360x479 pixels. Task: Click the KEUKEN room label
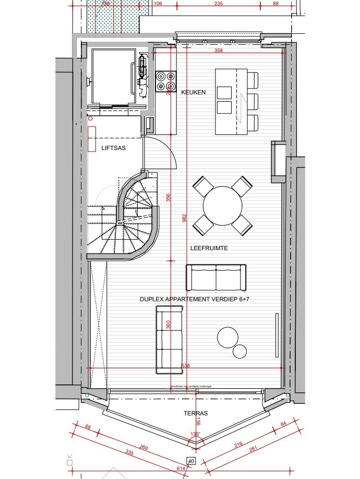pyautogui.click(x=193, y=92)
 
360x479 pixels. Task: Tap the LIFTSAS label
pyautogui.click(x=113, y=148)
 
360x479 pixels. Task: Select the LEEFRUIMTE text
pyautogui.click(x=209, y=249)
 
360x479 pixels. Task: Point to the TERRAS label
pyautogui.click(x=195, y=413)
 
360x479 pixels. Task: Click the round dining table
pyautogui.click(x=222, y=205)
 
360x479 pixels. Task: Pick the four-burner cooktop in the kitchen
pyautogui.click(x=165, y=81)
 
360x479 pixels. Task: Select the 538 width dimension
pyautogui.click(x=186, y=366)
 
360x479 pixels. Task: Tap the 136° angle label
pyautogui.click(x=196, y=434)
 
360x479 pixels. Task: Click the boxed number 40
pyautogui.click(x=191, y=461)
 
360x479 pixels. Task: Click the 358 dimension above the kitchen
pyautogui.click(x=219, y=51)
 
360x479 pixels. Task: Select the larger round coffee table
pyautogui.click(x=228, y=337)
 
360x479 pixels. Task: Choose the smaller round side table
pyautogui.click(x=240, y=352)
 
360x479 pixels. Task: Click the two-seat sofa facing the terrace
pyautogui.click(x=216, y=277)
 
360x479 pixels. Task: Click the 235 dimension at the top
pyautogui.click(x=219, y=3)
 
